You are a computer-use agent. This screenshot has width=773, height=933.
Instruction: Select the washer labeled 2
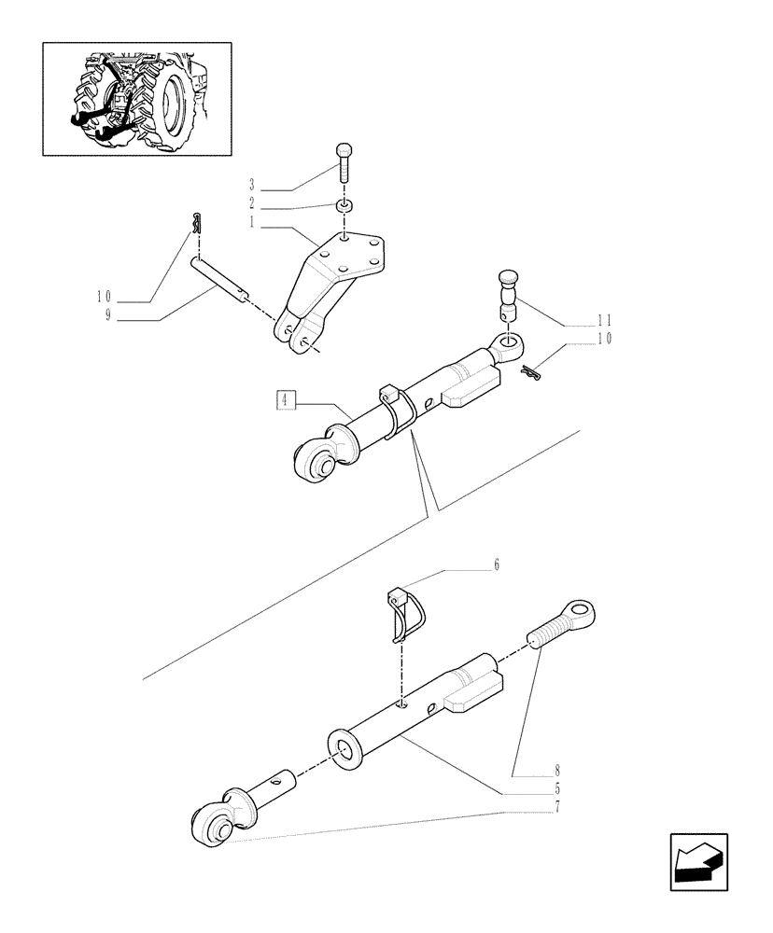pos(345,204)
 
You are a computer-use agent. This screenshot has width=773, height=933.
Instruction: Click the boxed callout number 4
pos(285,401)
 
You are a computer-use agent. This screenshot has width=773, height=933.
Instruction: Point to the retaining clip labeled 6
pos(404,611)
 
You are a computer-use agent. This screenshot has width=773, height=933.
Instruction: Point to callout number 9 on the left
pos(108,315)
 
